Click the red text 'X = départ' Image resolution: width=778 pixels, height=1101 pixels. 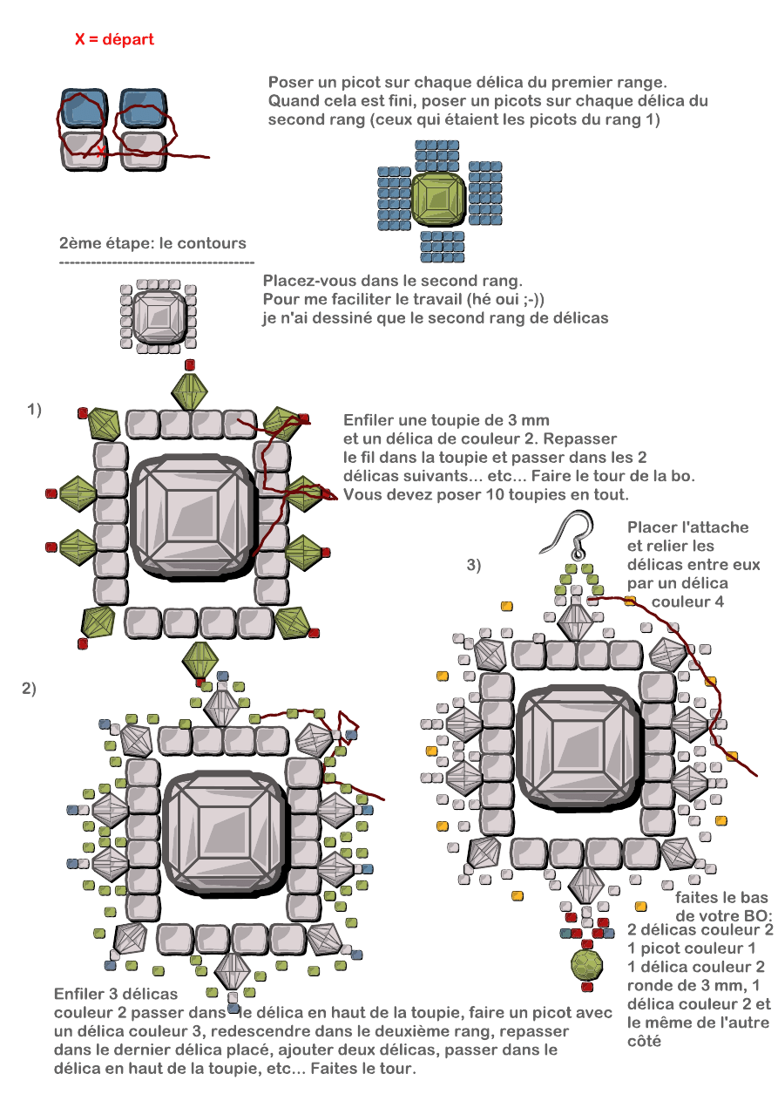pos(114,40)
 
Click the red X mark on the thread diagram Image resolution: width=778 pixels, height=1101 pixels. pos(101,151)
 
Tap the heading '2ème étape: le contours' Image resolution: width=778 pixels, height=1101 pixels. pos(152,243)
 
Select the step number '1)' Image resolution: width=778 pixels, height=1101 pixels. pos(35,409)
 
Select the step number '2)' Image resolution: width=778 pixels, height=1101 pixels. pos(29,689)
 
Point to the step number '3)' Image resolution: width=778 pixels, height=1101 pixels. pos(474,565)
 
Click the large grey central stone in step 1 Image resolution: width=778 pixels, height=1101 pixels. pos(193,516)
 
